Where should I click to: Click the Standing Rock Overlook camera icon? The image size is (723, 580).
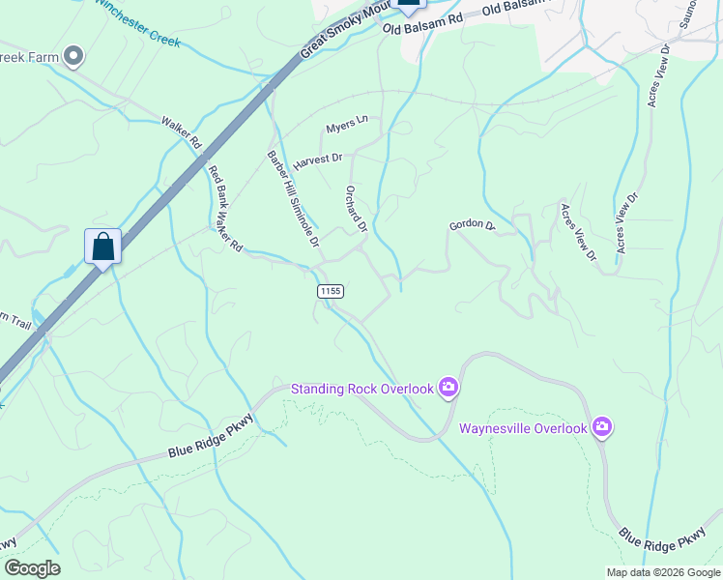448,389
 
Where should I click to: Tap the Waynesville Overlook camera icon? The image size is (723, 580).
603,427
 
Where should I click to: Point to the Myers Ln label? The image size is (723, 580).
347,126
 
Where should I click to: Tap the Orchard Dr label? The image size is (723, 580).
356,209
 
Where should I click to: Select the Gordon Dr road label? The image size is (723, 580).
472,226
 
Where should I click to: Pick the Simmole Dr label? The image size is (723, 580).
303,221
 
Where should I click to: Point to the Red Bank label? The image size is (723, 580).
217,185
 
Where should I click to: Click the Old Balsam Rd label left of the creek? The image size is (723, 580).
422,24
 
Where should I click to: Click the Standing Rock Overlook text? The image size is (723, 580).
363,389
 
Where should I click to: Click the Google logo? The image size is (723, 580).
32,568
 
